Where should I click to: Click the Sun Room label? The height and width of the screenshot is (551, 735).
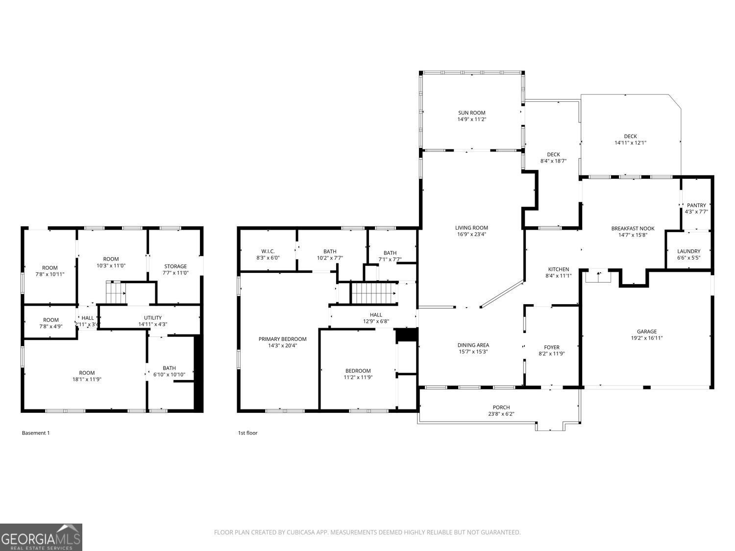click(x=471, y=113)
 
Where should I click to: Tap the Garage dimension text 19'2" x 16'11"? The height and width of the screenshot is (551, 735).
click(x=647, y=338)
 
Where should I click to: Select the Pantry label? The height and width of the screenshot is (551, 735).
click(x=696, y=205)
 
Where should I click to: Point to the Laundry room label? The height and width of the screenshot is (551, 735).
click(x=688, y=251)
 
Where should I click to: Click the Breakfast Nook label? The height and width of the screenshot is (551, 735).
click(x=633, y=228)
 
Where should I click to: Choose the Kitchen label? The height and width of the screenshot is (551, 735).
click(x=558, y=269)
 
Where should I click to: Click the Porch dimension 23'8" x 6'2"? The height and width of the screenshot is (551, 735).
click(x=501, y=414)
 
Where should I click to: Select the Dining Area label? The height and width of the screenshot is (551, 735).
click(x=473, y=345)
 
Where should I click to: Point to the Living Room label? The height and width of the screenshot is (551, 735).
click(x=471, y=227)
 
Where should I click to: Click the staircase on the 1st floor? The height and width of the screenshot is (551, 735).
click(x=373, y=293)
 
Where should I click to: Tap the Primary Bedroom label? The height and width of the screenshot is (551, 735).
click(x=282, y=339)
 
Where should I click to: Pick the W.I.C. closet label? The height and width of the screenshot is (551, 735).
click(x=268, y=251)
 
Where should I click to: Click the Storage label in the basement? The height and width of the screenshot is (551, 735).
click(x=175, y=266)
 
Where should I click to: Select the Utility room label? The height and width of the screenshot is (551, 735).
click(x=152, y=317)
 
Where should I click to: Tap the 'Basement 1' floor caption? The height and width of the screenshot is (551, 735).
click(x=36, y=433)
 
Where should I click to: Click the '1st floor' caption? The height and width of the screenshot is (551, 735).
click(x=247, y=433)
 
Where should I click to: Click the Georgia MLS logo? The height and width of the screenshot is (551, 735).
click(x=41, y=537)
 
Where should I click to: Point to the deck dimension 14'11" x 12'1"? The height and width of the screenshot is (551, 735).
click(x=630, y=143)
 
